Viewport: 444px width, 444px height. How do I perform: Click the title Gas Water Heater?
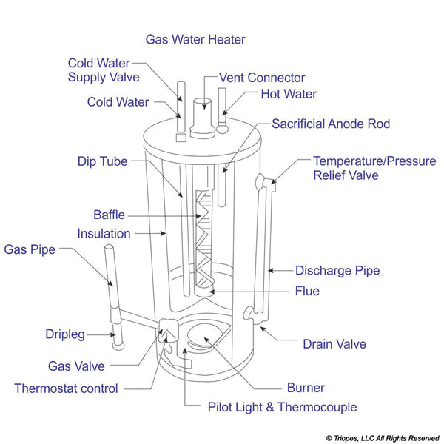(195, 39)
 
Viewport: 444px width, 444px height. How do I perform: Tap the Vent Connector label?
(262, 78)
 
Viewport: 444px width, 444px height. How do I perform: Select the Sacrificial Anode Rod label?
(331, 124)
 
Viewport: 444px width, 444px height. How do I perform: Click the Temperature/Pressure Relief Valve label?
(374, 168)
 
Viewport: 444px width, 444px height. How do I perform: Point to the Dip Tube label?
(102, 161)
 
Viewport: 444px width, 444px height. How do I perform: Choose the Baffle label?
(109, 215)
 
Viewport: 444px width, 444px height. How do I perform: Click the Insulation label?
(104, 234)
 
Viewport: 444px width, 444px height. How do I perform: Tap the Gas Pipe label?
(30, 249)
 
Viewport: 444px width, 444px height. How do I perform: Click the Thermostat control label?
(66, 388)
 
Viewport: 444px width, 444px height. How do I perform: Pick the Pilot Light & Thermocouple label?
(272, 407)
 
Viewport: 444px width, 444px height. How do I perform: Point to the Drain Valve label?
(334, 344)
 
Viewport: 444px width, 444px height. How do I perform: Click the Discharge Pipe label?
(337, 271)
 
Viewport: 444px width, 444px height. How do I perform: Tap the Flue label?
(307, 291)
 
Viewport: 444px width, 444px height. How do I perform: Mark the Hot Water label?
(289, 94)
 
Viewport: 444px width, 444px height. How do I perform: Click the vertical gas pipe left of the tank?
(109, 281)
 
